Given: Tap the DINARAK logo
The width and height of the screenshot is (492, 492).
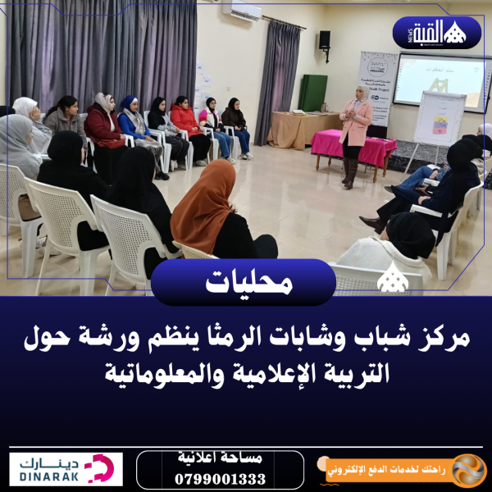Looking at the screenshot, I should (x=66, y=470).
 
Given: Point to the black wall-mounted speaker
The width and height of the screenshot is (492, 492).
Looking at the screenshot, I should (x=325, y=39).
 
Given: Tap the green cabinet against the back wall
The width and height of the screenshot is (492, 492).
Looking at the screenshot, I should (x=312, y=92).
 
